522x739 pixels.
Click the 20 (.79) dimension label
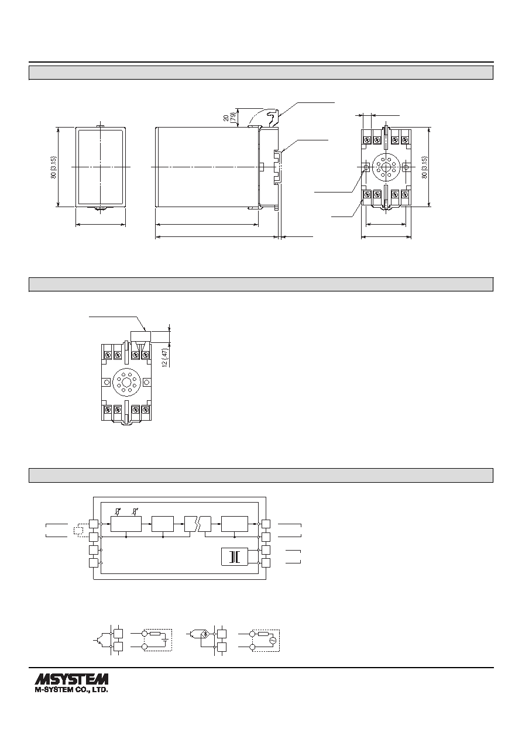(x=229, y=118)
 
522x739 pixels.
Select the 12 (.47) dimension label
(x=165, y=356)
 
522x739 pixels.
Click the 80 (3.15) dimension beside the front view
(x=54, y=167)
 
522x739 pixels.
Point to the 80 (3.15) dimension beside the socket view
(x=425, y=167)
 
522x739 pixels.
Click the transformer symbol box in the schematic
(x=234, y=557)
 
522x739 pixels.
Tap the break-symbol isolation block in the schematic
(x=198, y=524)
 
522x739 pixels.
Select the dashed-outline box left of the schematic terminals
(x=78, y=530)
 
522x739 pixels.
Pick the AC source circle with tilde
(x=272, y=640)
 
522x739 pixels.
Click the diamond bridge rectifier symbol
(x=205, y=634)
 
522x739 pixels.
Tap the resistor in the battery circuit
(x=154, y=634)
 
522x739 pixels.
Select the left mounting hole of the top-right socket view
(x=366, y=167)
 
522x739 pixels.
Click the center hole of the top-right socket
(x=386, y=167)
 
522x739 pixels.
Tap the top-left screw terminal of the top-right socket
(x=366, y=140)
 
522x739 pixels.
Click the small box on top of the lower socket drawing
(x=141, y=336)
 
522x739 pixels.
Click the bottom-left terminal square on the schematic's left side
(x=94, y=563)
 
